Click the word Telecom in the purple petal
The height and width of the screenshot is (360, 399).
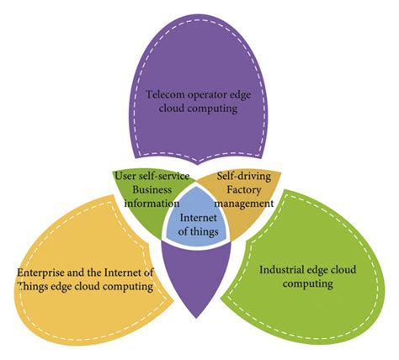tap(166, 94)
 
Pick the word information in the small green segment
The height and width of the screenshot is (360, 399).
tap(154, 203)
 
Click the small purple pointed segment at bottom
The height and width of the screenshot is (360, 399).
tap(199, 278)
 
